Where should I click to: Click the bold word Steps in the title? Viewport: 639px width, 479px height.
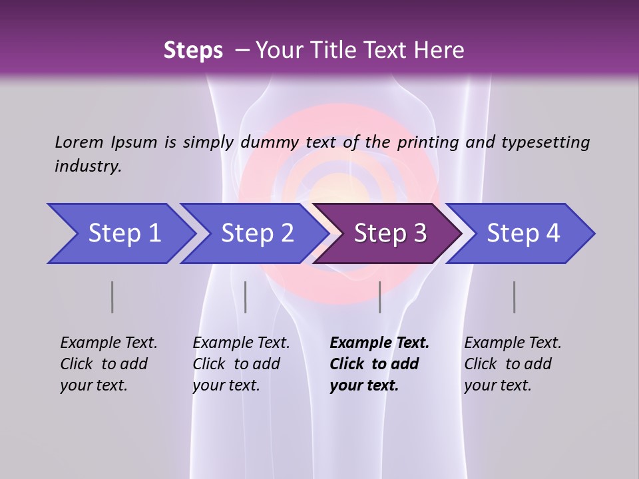tap(193, 51)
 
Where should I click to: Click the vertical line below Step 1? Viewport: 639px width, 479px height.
tap(112, 297)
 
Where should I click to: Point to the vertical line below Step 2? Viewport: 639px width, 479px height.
tap(246, 297)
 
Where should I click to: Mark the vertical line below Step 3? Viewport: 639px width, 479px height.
tap(380, 297)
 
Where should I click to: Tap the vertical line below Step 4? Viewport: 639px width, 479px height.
tap(515, 297)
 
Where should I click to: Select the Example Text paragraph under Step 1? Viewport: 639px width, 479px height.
tap(108, 364)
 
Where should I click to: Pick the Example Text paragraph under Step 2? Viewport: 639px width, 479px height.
tap(241, 364)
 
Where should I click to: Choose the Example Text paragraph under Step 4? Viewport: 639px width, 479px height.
tap(513, 364)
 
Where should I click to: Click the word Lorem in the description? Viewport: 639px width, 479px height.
tap(79, 142)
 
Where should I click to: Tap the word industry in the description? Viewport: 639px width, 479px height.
tap(87, 166)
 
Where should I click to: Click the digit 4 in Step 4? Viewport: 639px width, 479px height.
tap(552, 234)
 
